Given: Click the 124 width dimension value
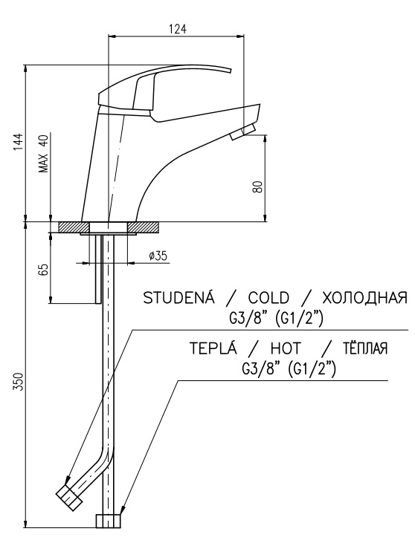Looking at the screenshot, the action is point(178,29).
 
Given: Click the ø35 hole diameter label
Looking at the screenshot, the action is point(158,256).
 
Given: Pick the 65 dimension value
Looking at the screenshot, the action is point(44,270).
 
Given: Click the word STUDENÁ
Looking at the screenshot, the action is point(179,297).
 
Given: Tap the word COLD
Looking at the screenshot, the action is point(268,298).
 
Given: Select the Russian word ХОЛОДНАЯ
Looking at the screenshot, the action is point(364,298).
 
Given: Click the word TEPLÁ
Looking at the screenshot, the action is point(213,348).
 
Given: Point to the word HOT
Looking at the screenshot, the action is point(286,348).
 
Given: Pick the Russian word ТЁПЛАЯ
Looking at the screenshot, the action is point(365,348).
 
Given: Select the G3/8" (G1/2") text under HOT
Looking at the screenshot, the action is point(289,369).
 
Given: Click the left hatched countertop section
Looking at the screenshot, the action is point(74,227).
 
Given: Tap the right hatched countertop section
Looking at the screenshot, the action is point(144,227).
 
